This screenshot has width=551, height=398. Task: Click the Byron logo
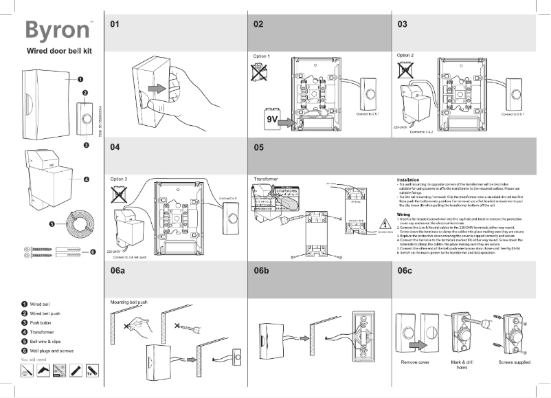point(54,30)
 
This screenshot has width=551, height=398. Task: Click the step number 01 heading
point(115,24)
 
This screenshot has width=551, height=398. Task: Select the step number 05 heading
point(258,147)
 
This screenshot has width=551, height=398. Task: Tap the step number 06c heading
point(405,272)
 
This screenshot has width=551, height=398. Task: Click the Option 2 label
point(405,55)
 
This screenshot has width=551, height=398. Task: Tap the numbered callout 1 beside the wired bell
point(80,80)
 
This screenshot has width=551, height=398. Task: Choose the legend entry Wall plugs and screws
point(52,351)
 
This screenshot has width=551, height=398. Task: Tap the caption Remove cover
point(414,362)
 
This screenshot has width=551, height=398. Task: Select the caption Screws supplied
point(513,362)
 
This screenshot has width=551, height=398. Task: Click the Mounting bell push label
point(129,302)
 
